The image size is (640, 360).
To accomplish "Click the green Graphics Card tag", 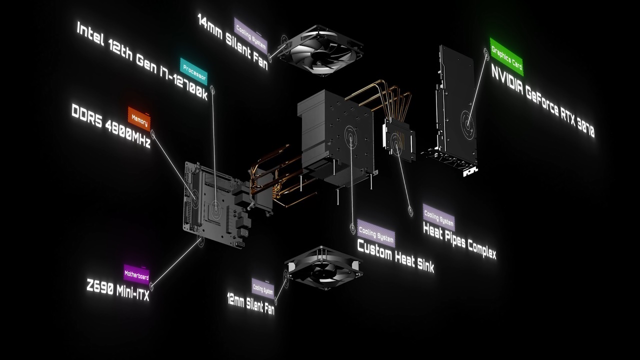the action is (507, 57).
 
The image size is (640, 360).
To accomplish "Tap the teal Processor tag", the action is (193, 71).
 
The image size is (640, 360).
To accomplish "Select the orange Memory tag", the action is (139, 118).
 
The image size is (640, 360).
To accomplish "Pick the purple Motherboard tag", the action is (136, 274).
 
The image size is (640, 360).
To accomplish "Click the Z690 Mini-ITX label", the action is (118, 289).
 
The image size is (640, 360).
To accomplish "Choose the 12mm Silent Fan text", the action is (251, 303).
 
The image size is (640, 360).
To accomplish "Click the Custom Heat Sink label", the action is (395, 256).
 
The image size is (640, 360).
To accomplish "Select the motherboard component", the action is (217, 204).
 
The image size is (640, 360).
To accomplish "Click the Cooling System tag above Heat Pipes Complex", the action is (439, 217).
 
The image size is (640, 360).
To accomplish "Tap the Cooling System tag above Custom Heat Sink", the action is (376, 233).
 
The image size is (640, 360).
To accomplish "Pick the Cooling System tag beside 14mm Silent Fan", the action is (251, 35).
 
